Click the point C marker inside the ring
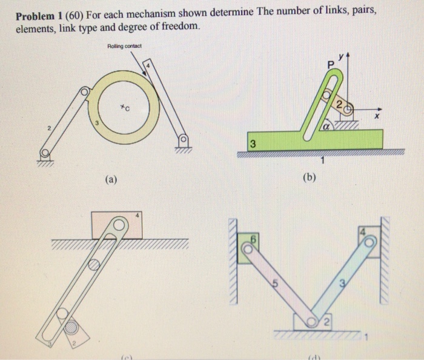124,108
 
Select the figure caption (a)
111,179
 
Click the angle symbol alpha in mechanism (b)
325,127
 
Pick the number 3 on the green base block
253,144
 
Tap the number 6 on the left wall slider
254,239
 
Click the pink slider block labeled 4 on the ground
117,225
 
